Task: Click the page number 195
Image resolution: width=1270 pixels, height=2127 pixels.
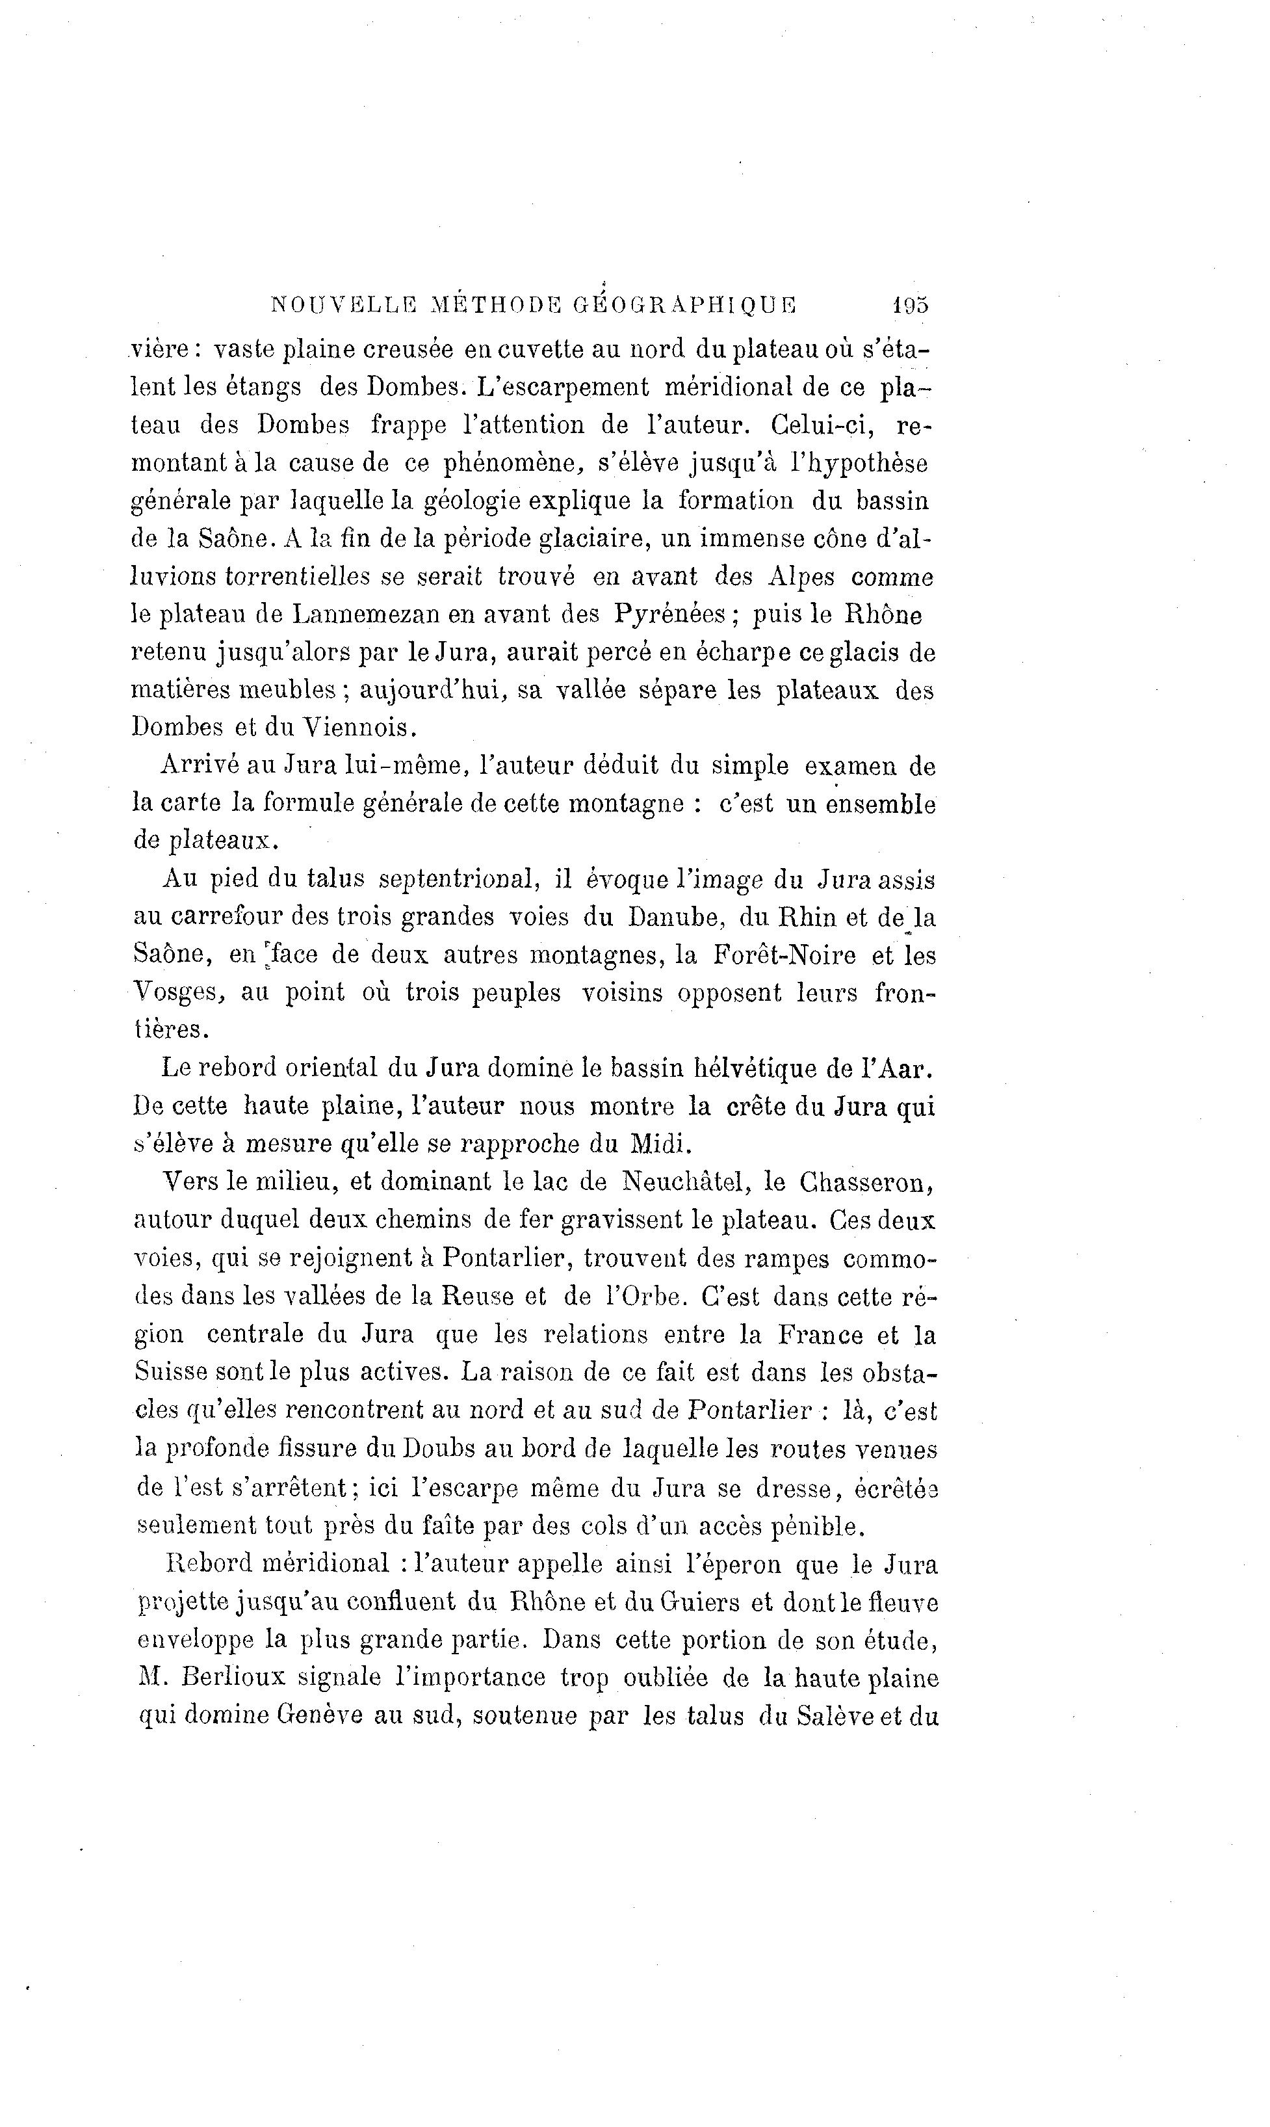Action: tap(910, 305)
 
